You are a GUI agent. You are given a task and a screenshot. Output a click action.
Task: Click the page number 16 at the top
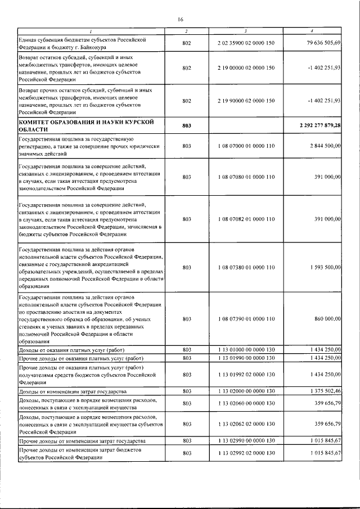[181, 19]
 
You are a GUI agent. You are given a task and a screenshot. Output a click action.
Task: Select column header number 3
[246, 30]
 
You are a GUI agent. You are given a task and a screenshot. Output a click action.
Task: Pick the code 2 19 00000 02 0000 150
[246, 68]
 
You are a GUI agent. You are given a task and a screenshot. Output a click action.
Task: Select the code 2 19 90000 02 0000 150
[246, 101]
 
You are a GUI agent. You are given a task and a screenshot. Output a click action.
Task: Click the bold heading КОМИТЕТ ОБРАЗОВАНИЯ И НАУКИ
[84, 122]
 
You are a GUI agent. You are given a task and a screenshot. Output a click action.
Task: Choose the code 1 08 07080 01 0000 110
[246, 177]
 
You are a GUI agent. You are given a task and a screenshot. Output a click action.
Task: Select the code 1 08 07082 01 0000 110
[246, 219]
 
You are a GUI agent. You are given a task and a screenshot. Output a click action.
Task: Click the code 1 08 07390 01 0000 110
[246, 319]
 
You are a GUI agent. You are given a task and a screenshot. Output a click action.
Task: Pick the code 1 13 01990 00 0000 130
[246, 358]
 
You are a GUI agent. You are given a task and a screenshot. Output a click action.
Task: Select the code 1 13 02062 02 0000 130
[246, 424]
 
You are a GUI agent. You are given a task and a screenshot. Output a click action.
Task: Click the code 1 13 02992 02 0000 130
[246, 453]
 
